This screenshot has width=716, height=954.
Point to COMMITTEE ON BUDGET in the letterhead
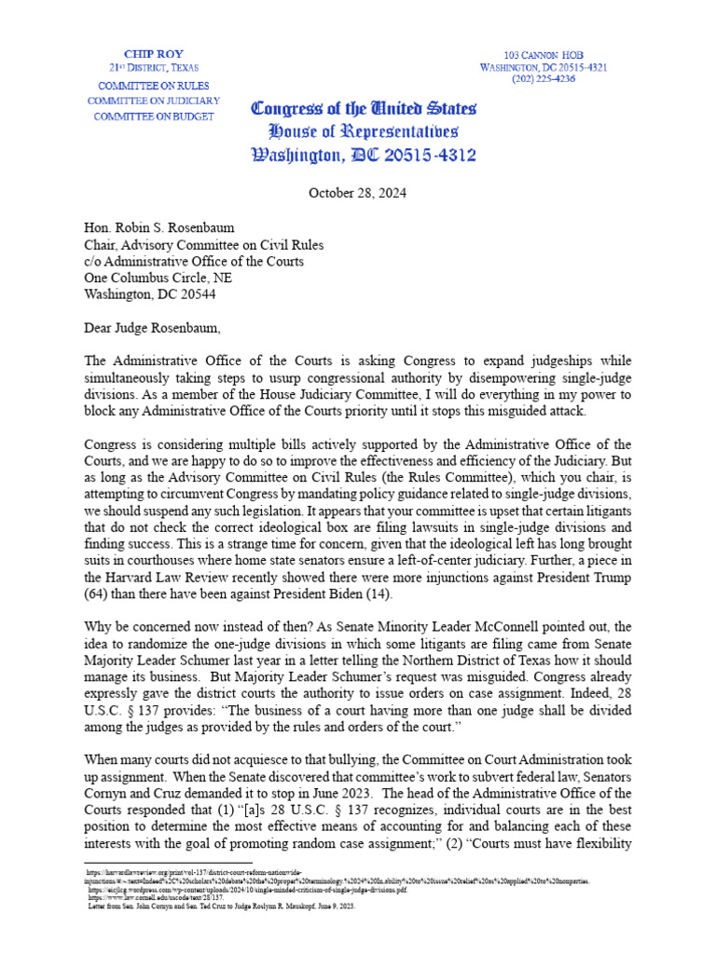click(x=152, y=116)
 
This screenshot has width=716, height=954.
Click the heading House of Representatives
click(x=363, y=130)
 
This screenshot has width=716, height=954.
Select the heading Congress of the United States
click(x=364, y=107)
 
